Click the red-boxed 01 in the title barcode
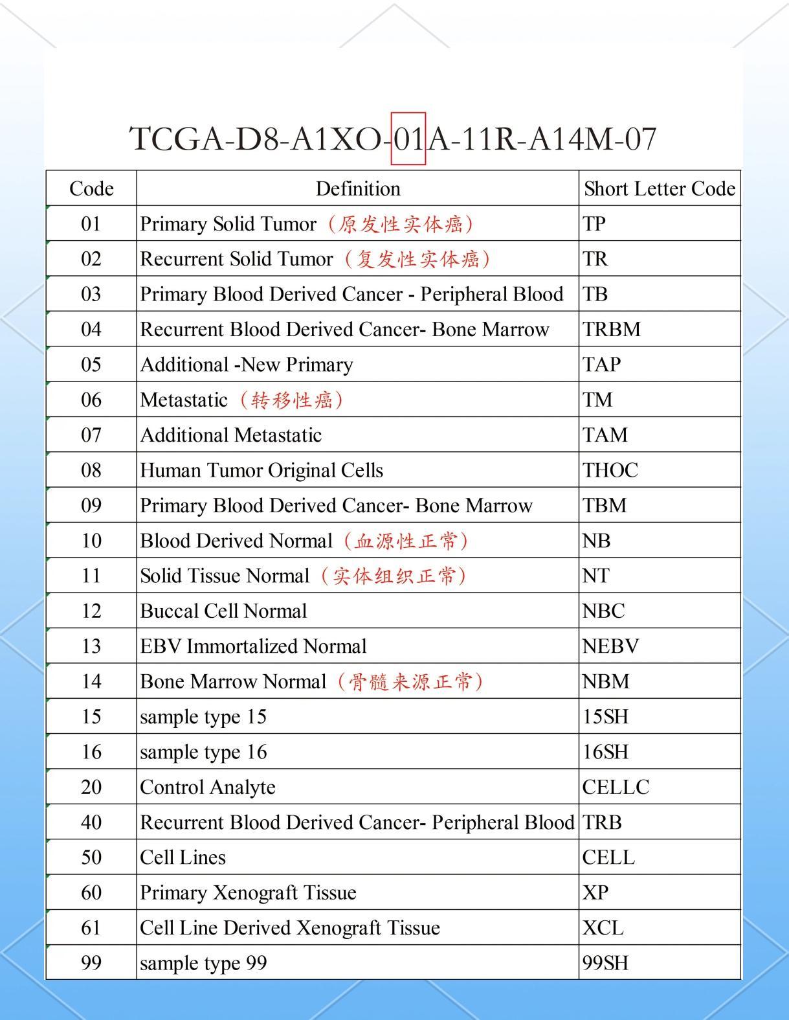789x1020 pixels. click(408, 139)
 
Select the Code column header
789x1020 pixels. click(91, 188)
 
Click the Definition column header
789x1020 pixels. click(357, 188)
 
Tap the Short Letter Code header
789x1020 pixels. click(659, 188)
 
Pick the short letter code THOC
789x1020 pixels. click(610, 470)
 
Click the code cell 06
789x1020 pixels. click(91, 400)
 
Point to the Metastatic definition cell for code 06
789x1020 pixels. click(241, 400)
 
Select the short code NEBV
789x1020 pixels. click(610, 646)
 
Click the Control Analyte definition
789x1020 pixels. click(208, 787)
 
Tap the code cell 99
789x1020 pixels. click(91, 963)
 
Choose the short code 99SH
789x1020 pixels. click(605, 963)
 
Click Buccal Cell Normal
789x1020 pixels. click(223, 611)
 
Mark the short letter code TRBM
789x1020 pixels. click(611, 329)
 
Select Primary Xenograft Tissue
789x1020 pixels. click(248, 892)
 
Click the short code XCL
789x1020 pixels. click(603, 928)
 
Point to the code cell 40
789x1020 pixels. click(91, 822)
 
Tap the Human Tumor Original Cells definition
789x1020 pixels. click(261, 470)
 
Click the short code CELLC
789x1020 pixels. click(616, 787)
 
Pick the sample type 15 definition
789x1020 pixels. click(203, 717)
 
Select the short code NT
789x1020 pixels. click(595, 576)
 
